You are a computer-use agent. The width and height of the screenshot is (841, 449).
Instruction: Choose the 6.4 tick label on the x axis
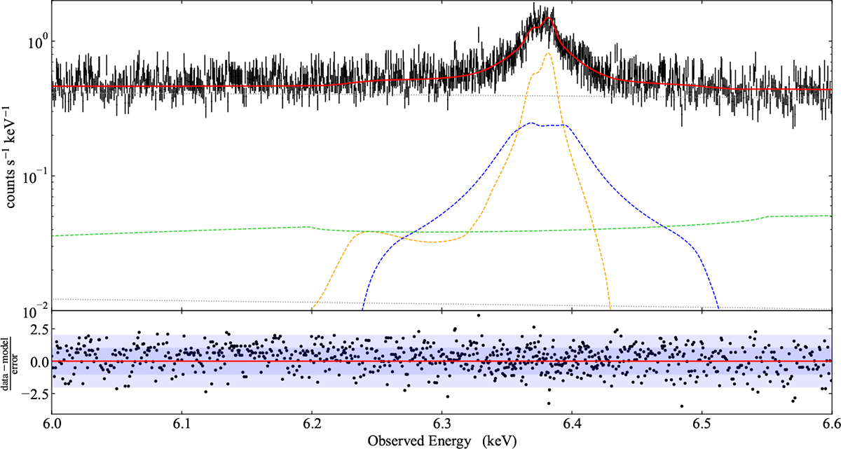(x=572, y=423)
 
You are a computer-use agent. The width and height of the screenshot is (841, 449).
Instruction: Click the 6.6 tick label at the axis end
(x=830, y=423)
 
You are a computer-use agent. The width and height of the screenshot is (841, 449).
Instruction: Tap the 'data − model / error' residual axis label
(x=11, y=361)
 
